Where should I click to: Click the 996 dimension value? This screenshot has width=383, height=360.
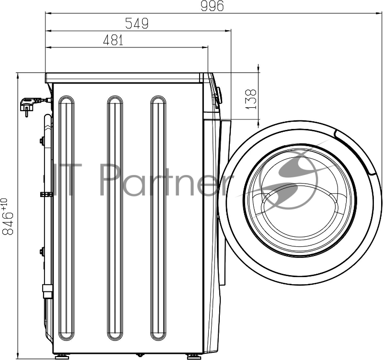click(x=212, y=6)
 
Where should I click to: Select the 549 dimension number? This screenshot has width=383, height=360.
click(x=137, y=23)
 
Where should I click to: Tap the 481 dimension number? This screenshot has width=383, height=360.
click(x=113, y=40)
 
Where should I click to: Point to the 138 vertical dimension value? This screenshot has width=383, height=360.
click(x=251, y=99)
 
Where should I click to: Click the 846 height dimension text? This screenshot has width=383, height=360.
click(x=8, y=223)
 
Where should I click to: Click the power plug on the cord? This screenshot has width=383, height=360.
click(x=29, y=105)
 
